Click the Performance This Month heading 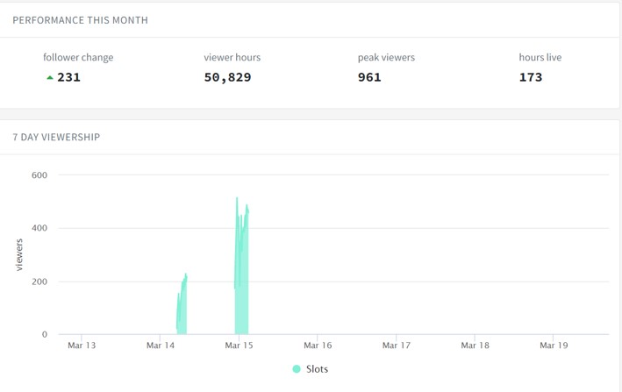(x=80, y=20)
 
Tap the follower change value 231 (x=68, y=77)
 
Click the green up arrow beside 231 (x=50, y=78)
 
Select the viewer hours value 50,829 (x=228, y=77)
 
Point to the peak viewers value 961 (x=369, y=77)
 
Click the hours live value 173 (x=531, y=77)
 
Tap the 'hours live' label (x=540, y=58)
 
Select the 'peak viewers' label (x=386, y=58)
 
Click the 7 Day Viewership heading (x=56, y=137)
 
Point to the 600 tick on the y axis (x=39, y=175)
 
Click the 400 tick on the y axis (x=39, y=228)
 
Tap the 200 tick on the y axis (x=39, y=282)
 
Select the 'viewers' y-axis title (x=19, y=255)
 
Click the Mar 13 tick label (x=82, y=346)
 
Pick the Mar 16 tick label (x=318, y=346)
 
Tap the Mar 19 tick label (x=554, y=346)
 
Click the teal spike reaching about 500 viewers (x=241, y=277)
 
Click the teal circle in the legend (x=297, y=369)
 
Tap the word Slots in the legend (x=317, y=369)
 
